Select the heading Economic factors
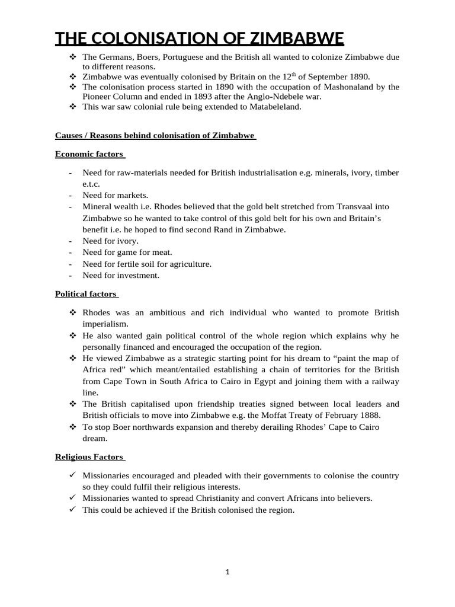[89, 154]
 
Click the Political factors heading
[86, 294]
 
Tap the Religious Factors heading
[89, 457]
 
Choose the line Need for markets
[116, 195]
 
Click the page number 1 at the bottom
[227, 572]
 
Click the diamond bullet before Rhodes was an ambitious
[73, 313]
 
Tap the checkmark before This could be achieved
[73, 510]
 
